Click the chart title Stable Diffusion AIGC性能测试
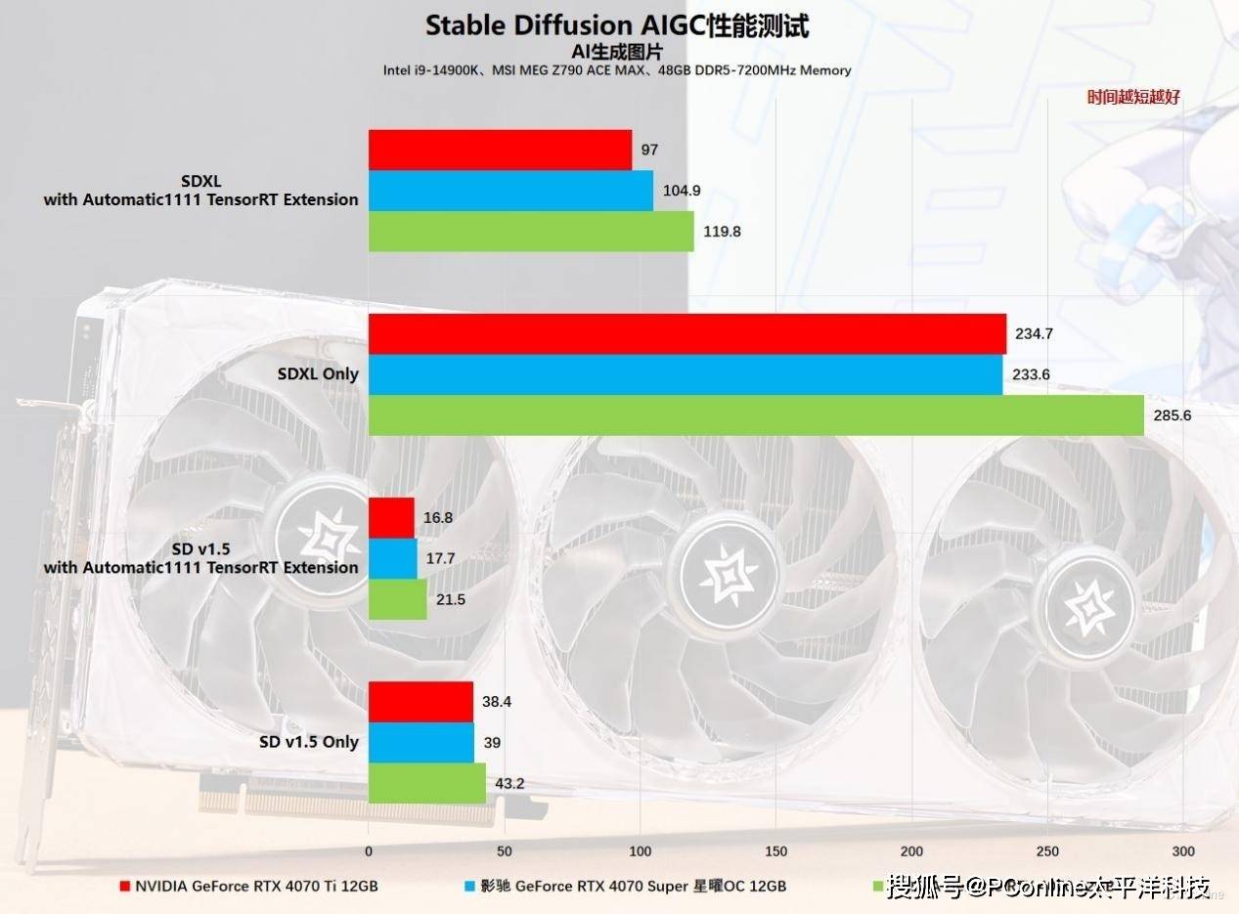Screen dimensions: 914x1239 click(617, 25)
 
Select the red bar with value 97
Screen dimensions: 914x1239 click(500, 150)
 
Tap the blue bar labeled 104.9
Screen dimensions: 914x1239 click(510, 191)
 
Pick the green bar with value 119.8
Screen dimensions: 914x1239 click(531, 232)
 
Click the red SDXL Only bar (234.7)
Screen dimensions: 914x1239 click(686, 333)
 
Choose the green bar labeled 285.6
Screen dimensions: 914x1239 click(756, 415)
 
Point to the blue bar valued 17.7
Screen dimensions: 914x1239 click(392, 558)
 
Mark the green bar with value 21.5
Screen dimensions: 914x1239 click(397, 599)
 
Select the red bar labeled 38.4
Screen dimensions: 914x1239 click(420, 701)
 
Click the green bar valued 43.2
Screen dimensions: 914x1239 click(426, 783)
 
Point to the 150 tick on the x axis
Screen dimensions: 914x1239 click(775, 850)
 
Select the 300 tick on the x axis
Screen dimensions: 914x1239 click(1183, 850)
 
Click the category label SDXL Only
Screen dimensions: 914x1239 click(318, 374)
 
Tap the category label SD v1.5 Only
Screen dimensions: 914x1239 click(309, 742)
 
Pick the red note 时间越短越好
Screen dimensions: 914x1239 click(1133, 97)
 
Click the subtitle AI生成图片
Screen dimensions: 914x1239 click(617, 52)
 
